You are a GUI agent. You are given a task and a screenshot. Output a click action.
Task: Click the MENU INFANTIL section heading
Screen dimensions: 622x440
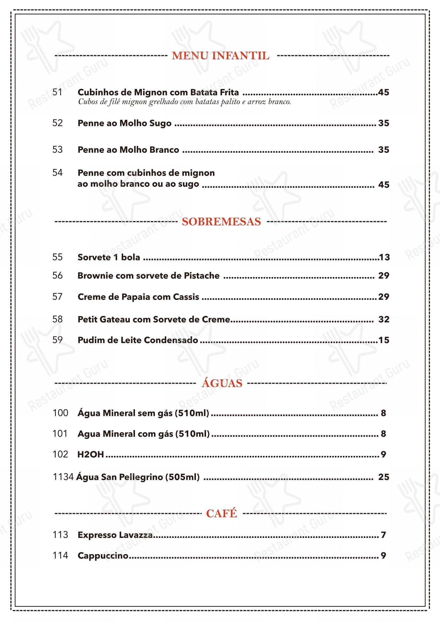(x=221, y=56)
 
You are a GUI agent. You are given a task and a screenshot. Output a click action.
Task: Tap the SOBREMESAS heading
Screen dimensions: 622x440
(x=221, y=222)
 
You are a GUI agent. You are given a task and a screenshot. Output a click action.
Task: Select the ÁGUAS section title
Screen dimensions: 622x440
(x=222, y=383)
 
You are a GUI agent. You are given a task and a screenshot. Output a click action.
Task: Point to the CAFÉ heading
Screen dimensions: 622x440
(x=221, y=513)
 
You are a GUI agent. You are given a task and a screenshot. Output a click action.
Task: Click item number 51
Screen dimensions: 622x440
(x=57, y=92)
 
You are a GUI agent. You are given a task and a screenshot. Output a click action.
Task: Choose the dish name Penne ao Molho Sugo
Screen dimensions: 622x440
(x=124, y=123)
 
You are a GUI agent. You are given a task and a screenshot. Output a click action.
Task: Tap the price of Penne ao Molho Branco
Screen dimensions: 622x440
(x=383, y=150)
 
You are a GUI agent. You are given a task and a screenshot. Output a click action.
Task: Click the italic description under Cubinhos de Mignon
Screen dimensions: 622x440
(x=184, y=102)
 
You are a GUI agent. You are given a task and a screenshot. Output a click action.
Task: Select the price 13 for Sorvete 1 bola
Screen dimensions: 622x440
(x=384, y=257)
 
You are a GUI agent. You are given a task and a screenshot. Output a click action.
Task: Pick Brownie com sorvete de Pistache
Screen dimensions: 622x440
(x=149, y=275)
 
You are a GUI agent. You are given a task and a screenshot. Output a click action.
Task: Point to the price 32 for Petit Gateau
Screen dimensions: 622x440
(x=384, y=319)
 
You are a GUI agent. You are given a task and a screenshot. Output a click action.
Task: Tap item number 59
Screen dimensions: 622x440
(x=57, y=340)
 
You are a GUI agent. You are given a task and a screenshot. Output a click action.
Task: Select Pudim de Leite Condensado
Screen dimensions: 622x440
(x=138, y=340)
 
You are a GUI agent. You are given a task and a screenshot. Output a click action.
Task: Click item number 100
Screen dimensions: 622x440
(x=60, y=413)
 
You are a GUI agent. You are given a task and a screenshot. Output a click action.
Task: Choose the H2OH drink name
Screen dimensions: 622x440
(x=91, y=454)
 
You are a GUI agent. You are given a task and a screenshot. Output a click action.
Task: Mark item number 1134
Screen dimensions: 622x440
(x=63, y=477)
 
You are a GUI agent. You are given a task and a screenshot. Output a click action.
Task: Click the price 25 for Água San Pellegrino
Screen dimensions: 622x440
(x=384, y=477)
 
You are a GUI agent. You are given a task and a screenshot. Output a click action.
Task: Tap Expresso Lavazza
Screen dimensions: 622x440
(x=115, y=535)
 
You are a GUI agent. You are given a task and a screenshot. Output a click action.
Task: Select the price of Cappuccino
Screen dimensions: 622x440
(x=383, y=556)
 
